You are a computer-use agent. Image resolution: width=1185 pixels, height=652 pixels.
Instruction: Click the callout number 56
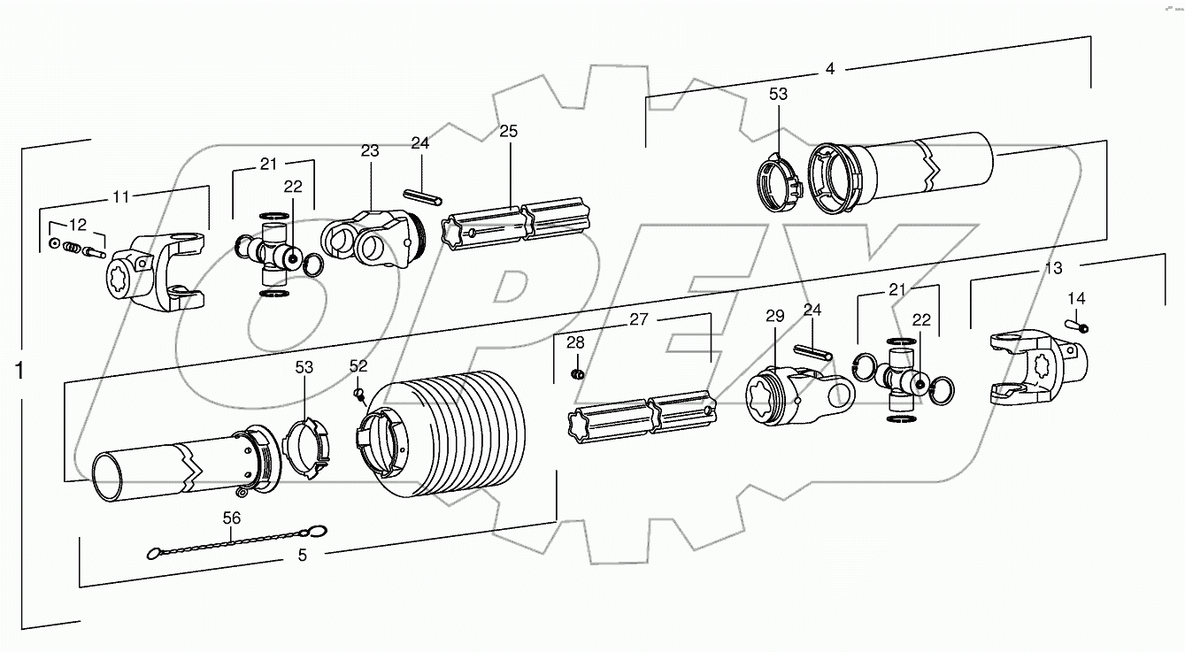[x=231, y=518]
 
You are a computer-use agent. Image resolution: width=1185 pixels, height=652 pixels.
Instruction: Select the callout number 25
[x=509, y=131]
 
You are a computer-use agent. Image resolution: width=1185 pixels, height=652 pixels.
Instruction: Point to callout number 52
[x=358, y=365]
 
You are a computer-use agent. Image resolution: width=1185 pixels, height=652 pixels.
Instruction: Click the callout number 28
[x=576, y=341]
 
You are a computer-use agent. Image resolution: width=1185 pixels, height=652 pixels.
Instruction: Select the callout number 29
[x=774, y=316]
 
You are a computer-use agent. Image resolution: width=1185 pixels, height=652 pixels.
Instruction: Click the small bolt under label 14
[x=1081, y=326]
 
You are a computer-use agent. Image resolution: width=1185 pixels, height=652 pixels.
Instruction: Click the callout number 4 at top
[x=829, y=69]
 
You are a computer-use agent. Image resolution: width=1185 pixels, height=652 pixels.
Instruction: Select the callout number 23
[x=369, y=151]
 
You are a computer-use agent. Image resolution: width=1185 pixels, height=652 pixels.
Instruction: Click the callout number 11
[x=120, y=197]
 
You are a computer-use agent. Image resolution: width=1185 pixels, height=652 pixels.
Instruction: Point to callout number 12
[x=78, y=226]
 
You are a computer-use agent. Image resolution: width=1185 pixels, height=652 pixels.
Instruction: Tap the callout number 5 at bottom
[x=303, y=556]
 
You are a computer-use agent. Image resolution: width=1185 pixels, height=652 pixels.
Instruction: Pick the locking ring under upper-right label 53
[x=778, y=184]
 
